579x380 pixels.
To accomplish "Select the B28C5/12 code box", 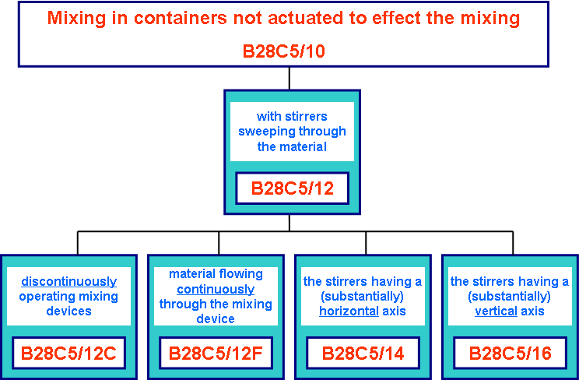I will click(289, 188).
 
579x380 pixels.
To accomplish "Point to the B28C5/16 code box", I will click(510, 354).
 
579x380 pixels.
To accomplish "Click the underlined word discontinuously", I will click(68, 282).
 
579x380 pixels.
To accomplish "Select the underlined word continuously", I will click(215, 289).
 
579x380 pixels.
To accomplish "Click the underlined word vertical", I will click(496, 311).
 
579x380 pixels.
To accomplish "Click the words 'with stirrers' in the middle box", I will click(292, 116).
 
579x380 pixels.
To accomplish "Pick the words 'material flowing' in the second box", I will click(216, 274).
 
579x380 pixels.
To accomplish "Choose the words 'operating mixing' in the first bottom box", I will click(68, 297).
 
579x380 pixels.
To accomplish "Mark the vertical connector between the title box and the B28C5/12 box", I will click(289, 78).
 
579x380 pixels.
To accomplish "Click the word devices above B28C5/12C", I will click(68, 311).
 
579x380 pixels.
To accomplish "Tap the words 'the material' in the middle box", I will click(291, 146).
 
